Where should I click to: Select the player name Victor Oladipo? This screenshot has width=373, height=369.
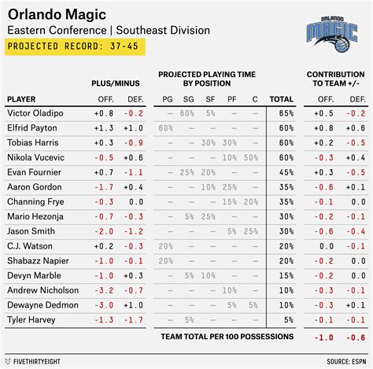pyautogui.click(x=35, y=113)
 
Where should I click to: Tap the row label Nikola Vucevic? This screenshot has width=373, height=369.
pyautogui.click(x=35, y=157)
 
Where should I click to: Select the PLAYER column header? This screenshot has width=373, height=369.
pyautogui.click(x=22, y=99)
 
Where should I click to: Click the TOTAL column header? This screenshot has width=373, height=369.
pyautogui.click(x=281, y=99)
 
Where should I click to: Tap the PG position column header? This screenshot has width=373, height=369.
pyautogui.click(x=166, y=99)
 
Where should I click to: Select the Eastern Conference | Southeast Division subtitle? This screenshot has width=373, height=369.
pyautogui.click(x=108, y=30)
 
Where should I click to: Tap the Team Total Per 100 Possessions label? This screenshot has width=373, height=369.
pyautogui.click(x=227, y=337)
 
